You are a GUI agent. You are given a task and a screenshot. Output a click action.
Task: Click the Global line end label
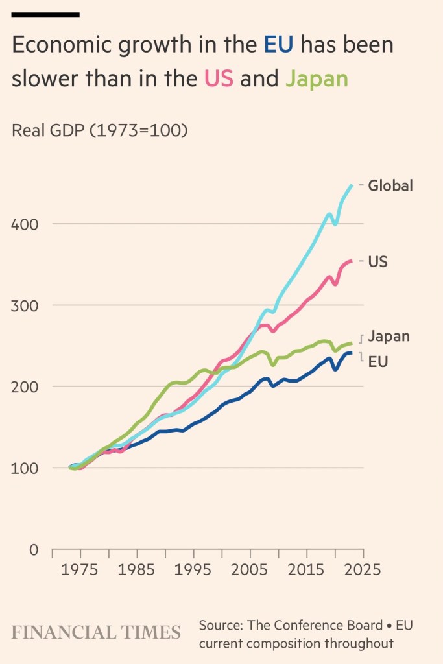pyautogui.click(x=390, y=186)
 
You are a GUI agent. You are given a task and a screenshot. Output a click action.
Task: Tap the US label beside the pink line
pyautogui.click(x=378, y=262)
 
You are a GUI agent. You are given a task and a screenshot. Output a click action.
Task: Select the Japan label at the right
pyautogui.click(x=389, y=337)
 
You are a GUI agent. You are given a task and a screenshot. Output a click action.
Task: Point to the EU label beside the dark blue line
pyautogui.click(x=378, y=362)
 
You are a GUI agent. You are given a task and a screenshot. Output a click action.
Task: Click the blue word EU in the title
pyautogui.click(x=278, y=45)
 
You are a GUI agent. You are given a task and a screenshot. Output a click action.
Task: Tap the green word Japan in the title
pyautogui.click(x=317, y=78)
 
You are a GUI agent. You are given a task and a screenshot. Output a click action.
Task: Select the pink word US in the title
pyautogui.click(x=219, y=78)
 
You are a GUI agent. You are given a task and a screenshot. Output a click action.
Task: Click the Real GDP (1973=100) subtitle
pyautogui.click(x=100, y=130)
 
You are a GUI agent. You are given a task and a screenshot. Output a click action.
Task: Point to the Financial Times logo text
pyautogui.click(x=96, y=632)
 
